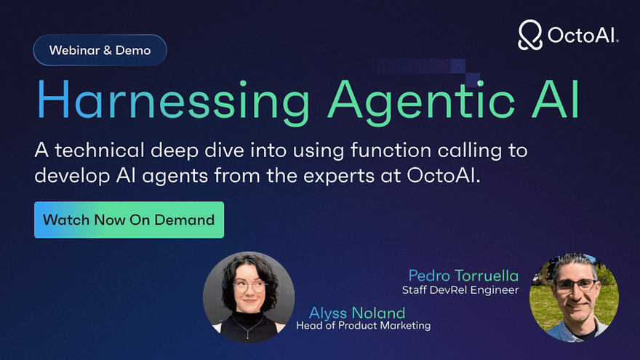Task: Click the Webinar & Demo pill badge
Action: coord(100,50)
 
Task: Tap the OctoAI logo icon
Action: coord(529,35)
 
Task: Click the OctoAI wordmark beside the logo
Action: coord(583,35)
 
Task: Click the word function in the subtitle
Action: coord(391,150)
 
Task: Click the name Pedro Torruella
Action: coord(463,276)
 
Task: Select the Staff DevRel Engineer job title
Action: coord(460,290)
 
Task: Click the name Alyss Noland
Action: coord(357,313)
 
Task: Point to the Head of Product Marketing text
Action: coord(363,326)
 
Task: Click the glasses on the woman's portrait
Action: coord(249,287)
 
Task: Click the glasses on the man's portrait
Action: coord(575,284)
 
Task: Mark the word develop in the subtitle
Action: coord(72,177)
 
